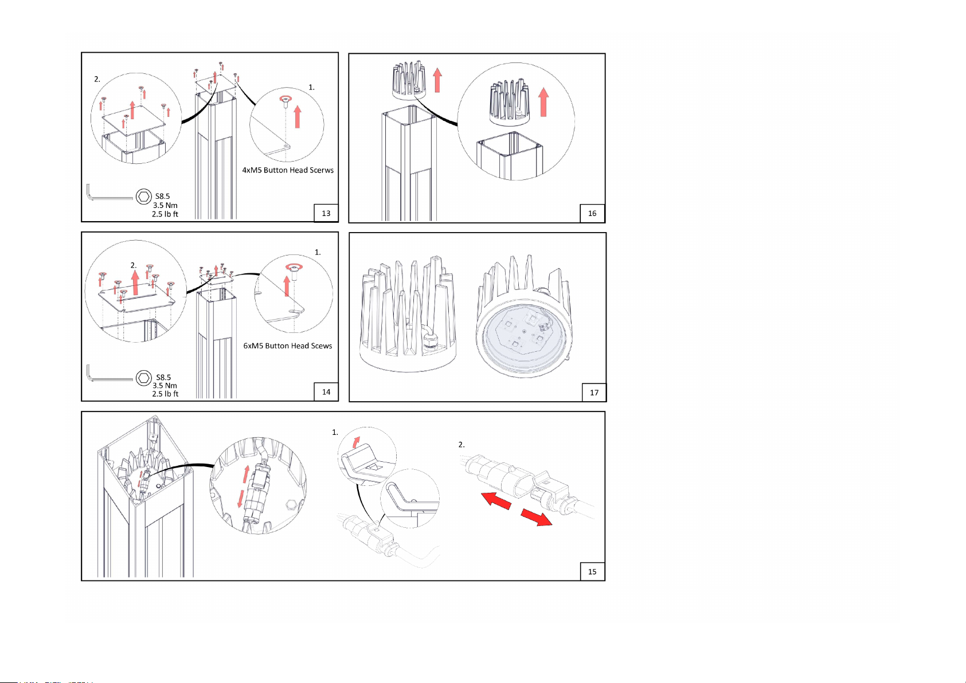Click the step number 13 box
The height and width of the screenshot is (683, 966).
tap(326, 213)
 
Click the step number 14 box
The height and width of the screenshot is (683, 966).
tap(326, 392)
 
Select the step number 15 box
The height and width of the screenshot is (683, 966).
tap(593, 571)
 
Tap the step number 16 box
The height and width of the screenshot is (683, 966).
tap(593, 213)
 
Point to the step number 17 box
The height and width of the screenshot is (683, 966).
tap(595, 392)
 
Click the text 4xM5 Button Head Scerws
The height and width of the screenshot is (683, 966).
tap(288, 170)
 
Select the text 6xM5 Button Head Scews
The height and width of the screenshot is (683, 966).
tap(288, 346)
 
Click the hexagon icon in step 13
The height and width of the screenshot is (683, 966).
tap(143, 197)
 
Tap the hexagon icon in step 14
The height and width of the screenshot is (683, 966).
tap(143, 378)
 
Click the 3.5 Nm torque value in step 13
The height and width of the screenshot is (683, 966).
tap(165, 205)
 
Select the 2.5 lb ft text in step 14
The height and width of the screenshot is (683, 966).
tap(165, 394)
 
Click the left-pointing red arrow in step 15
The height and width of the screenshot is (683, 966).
tap(496, 501)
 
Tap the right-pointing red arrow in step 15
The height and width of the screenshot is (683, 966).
tap(536, 517)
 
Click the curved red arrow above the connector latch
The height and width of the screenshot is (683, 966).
tap(356, 442)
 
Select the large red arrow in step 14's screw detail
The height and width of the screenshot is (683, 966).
tap(287, 286)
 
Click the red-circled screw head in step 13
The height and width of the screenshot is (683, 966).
tap(284, 100)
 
